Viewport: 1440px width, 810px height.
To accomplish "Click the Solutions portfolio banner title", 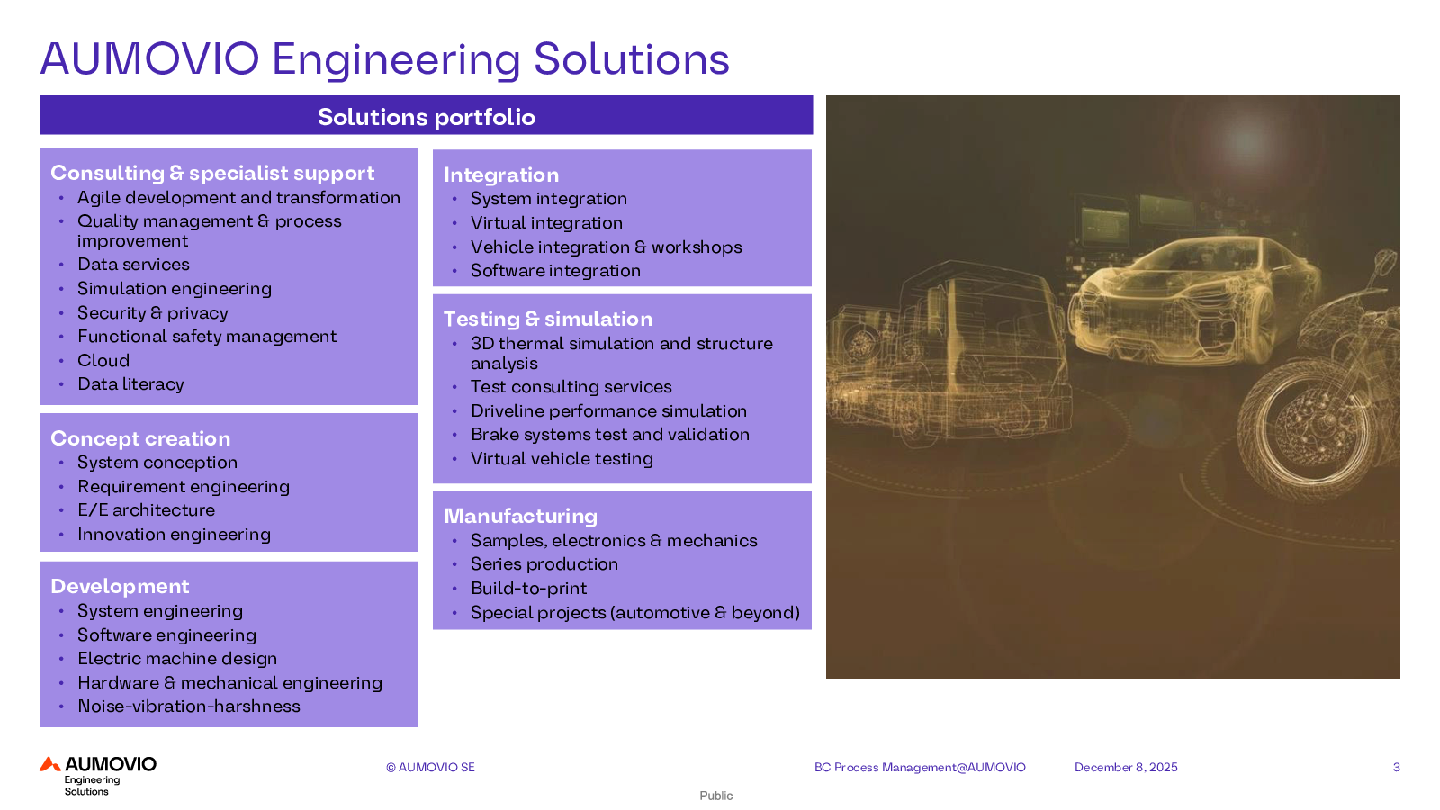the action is (x=427, y=117).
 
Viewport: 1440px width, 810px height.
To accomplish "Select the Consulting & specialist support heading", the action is (x=212, y=173).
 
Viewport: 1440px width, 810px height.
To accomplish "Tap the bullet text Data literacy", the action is (x=130, y=383).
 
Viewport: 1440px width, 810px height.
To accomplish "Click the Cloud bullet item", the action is (x=103, y=360).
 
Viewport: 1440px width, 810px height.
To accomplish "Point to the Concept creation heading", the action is (x=140, y=438).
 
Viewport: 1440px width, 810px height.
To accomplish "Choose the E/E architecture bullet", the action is (x=146, y=509).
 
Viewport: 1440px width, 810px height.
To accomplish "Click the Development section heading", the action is (x=120, y=586).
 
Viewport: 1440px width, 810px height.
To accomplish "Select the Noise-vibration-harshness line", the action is (x=189, y=706).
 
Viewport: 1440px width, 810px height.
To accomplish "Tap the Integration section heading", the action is (x=500, y=175).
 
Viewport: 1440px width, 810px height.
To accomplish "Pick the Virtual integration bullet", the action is (x=546, y=222).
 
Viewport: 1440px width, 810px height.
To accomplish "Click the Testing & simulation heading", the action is (x=548, y=319).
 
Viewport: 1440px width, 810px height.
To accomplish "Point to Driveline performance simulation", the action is (x=608, y=410).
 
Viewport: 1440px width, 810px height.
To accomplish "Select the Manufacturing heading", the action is (x=521, y=516).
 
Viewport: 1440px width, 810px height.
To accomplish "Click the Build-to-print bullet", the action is (x=528, y=589).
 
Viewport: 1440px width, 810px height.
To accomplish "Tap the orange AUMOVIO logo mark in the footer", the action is (x=50, y=764).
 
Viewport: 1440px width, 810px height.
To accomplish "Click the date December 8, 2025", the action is (x=1126, y=767).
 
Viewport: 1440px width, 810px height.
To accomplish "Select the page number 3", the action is (x=1396, y=767).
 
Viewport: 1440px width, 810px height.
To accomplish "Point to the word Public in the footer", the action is (x=715, y=796).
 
